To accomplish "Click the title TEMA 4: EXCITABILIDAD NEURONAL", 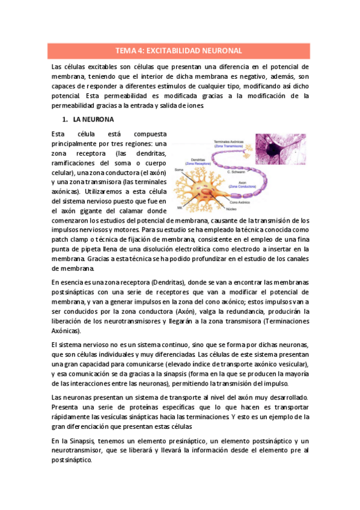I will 180,51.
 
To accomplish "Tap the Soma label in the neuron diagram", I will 178,170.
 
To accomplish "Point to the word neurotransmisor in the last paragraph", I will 82,450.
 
